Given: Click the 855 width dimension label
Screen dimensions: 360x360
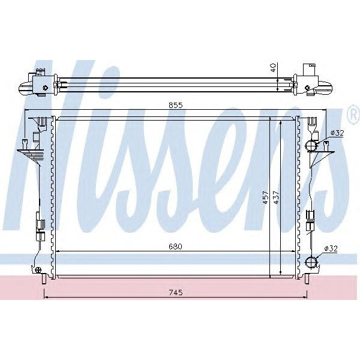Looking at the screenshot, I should [175, 104].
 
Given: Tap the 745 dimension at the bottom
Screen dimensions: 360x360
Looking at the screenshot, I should [175, 292].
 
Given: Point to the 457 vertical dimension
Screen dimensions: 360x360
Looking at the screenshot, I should [265, 198].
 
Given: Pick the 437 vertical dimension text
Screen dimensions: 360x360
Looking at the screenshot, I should [275, 198].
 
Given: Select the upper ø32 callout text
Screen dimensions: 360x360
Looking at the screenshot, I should [337, 133].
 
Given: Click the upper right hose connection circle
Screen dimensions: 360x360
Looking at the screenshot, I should [311, 146].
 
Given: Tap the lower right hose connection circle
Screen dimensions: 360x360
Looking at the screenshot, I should [311, 262].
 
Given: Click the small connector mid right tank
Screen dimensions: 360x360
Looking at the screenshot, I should [311, 217].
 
